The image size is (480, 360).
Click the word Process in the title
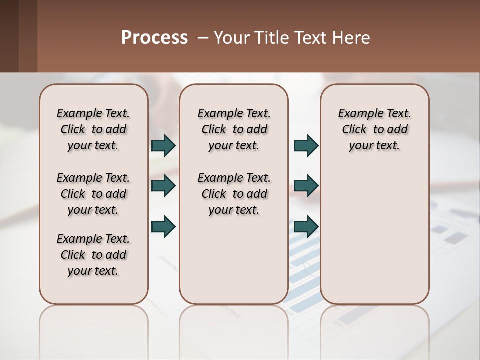(154, 38)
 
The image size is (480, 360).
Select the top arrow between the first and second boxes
(163, 145)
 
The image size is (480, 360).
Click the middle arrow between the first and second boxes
(163, 186)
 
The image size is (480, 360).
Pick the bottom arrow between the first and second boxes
(163, 226)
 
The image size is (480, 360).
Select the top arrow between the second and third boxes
(306, 145)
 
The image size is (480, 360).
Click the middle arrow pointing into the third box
(306, 186)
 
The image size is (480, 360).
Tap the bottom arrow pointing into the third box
(306, 226)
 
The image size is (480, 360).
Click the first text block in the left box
(93, 129)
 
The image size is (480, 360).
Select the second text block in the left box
(93, 194)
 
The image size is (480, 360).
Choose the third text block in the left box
(93, 255)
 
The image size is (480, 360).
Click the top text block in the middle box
(234, 129)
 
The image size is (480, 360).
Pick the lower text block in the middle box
(234, 194)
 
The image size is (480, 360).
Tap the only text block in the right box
(374, 129)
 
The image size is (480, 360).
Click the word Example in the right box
(356, 113)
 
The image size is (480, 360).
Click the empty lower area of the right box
(374, 235)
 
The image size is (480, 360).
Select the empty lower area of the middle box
(234, 260)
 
